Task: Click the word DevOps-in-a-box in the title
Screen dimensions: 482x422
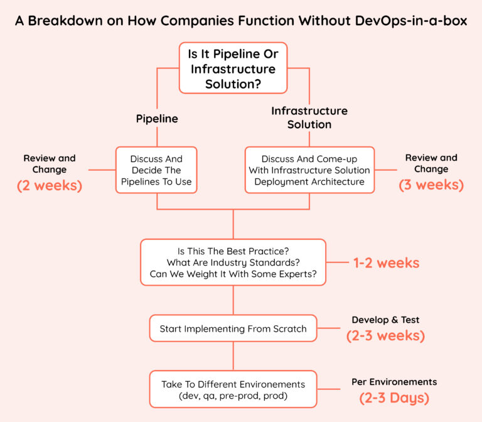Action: [x=411, y=21]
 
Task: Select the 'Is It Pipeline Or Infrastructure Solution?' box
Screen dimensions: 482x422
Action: [x=233, y=68]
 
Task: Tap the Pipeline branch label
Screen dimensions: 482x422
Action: [x=157, y=119]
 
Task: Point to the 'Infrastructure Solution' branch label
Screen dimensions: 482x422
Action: [x=309, y=117]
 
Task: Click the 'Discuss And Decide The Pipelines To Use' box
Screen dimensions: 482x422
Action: [x=156, y=170]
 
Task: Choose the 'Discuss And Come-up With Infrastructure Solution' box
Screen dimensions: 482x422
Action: [x=309, y=170]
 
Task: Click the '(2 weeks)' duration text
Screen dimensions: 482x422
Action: [x=50, y=185]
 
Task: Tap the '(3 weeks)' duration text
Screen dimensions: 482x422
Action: [x=431, y=185]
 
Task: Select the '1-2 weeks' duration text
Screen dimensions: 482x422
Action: [x=386, y=263]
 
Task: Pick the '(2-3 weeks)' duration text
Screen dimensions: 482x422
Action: [x=385, y=335]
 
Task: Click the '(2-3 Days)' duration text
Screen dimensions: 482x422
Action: [x=394, y=398]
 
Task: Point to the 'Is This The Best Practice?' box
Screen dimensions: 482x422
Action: [x=233, y=262]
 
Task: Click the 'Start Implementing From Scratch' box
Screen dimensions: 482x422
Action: [x=233, y=328]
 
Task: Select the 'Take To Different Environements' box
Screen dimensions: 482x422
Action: [x=233, y=389]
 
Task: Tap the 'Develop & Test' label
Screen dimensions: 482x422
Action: [x=385, y=320]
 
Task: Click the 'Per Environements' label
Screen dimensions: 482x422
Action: [x=394, y=382]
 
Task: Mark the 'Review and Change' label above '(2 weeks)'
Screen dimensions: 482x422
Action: [x=50, y=164]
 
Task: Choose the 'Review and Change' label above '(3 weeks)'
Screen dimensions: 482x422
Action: [x=431, y=163]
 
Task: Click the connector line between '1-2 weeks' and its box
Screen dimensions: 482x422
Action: [x=337, y=262]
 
